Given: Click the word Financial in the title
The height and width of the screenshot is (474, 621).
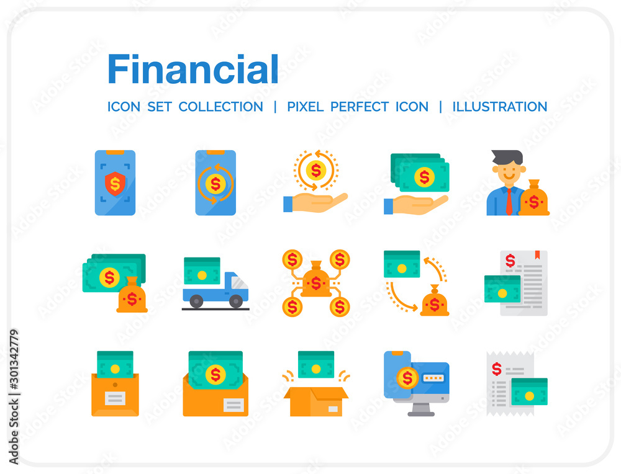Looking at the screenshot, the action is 193,69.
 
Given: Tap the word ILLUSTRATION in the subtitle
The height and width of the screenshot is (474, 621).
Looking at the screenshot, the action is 500,107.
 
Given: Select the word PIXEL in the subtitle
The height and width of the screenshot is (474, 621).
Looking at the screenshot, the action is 306,107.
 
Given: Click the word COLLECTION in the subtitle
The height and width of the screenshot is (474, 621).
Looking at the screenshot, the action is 220,107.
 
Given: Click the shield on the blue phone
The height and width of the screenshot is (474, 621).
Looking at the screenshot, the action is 116,183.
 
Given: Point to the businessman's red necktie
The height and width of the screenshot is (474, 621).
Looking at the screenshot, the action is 509,201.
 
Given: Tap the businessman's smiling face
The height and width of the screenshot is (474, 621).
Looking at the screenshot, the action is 509,171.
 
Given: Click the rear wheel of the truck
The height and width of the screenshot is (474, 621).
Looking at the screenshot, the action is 196,302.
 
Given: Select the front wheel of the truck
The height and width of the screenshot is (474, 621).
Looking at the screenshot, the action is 236,302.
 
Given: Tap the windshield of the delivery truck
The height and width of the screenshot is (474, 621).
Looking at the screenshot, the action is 239,282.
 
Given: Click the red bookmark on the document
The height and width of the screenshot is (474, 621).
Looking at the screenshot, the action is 537,255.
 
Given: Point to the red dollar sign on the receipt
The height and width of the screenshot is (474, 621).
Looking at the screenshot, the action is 497,369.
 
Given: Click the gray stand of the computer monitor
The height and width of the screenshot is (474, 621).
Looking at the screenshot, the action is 421,409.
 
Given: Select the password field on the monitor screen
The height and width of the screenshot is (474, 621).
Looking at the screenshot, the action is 433,378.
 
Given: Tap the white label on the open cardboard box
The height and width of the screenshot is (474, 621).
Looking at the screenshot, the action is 333,409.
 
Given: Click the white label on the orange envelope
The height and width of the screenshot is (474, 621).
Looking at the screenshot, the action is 233,405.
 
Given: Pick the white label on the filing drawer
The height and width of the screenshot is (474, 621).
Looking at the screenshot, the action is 116,398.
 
